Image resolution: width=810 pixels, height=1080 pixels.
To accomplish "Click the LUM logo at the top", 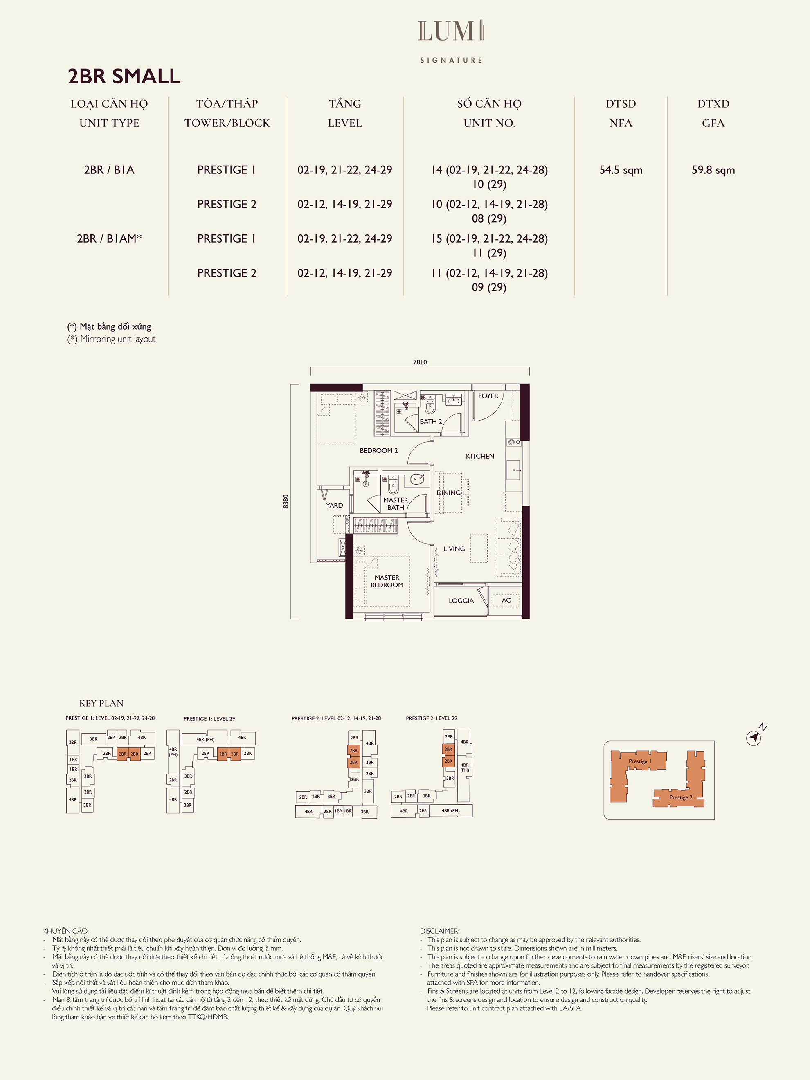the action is click(451, 31).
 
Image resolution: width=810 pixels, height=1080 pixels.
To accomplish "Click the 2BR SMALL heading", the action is click(124, 76).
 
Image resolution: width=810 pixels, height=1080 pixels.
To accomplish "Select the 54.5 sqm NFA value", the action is click(621, 170).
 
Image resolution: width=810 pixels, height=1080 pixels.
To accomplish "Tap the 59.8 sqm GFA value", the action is click(713, 170).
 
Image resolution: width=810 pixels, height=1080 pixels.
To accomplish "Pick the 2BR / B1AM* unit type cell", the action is click(109, 238).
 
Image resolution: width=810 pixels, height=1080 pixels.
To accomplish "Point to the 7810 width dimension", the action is click(420, 362).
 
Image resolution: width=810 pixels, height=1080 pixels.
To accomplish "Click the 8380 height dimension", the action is click(286, 502).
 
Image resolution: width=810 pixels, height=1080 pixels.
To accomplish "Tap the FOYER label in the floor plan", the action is click(488, 396).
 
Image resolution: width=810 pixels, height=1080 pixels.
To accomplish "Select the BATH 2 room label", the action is click(431, 421).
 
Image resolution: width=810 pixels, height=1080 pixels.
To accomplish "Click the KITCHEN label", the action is click(480, 456).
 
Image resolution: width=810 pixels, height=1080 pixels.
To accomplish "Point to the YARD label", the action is click(335, 505).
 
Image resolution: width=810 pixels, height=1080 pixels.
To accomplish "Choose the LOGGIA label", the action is click(461, 601).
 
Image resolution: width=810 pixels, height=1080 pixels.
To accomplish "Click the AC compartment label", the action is click(506, 600).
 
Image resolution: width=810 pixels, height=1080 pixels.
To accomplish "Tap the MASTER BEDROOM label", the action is click(387, 581).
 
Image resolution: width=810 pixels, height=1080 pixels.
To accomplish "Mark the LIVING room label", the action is click(454, 549).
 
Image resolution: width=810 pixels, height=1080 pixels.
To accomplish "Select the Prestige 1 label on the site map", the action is click(639, 761).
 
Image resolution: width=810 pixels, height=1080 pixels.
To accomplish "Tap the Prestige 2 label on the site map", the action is click(681, 797).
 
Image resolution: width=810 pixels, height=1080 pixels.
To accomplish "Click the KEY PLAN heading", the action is click(101, 703).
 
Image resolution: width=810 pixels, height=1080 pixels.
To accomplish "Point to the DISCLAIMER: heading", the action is click(439, 931).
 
